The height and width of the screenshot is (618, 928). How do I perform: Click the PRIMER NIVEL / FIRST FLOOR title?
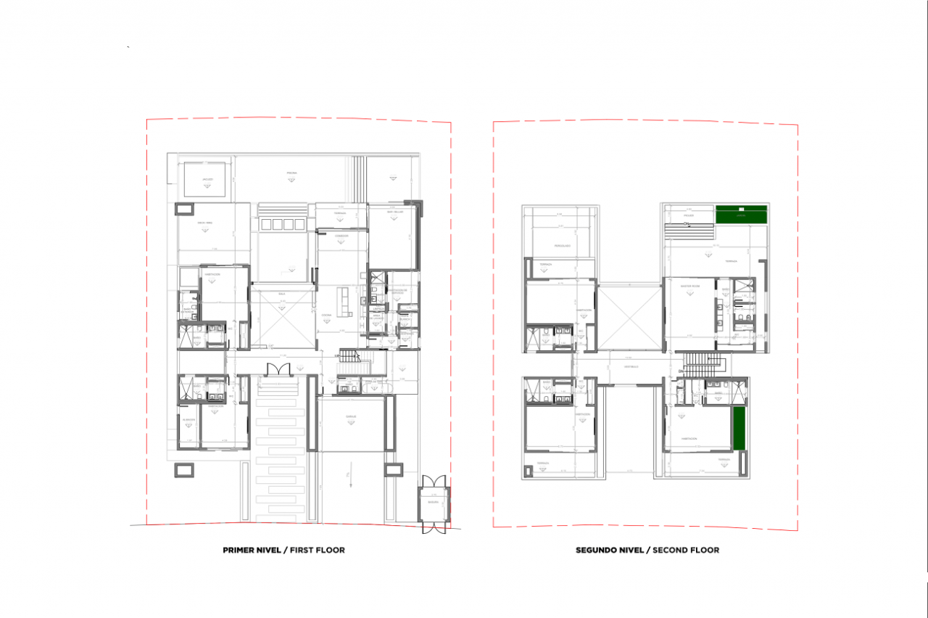[283, 550]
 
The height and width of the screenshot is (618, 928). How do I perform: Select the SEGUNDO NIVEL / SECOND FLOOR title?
[647, 550]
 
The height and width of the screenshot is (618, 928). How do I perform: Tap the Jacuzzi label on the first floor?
[208, 178]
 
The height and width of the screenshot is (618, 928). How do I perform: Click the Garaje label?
[351, 416]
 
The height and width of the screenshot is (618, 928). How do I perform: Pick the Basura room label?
[433, 502]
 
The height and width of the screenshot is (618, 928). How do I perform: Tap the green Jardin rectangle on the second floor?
[741, 215]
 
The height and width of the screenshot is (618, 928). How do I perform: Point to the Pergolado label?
[563, 246]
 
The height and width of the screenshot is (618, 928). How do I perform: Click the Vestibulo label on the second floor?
[630, 366]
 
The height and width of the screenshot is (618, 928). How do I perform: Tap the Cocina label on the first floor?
[326, 314]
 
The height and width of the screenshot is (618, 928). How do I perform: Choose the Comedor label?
[341, 236]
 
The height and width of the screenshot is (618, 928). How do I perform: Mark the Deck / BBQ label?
[204, 223]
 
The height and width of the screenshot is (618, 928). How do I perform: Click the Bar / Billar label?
[394, 212]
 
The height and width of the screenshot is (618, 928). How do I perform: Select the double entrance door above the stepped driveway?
[278, 370]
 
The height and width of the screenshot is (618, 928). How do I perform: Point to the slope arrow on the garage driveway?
[350, 477]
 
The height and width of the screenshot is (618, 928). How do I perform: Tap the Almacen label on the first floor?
[189, 419]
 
